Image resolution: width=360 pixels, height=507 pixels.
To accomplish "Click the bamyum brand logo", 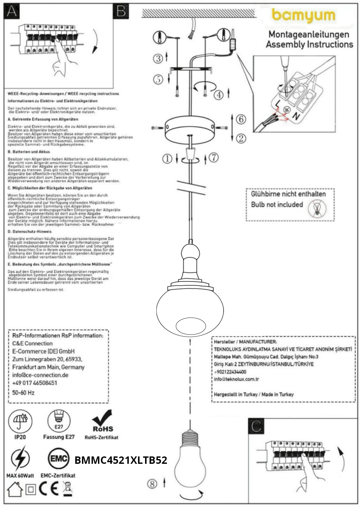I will (x=303, y=16).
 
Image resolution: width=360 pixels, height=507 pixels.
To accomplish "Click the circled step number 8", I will (x=152, y=484).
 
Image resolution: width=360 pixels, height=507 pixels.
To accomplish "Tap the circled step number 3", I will (x=158, y=58).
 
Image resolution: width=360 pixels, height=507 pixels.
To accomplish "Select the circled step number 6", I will (x=241, y=119).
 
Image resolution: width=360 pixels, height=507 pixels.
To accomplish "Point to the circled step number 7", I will (x=214, y=157).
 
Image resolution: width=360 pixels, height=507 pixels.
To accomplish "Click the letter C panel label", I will (x=256, y=426).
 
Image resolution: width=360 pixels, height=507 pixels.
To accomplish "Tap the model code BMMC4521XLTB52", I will (x=121, y=460).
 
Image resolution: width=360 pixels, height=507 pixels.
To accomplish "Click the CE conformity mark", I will (x=49, y=489).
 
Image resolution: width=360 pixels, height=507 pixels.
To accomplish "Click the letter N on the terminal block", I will (x=297, y=117).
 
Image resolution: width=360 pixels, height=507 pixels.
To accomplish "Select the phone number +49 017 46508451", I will (x=35, y=383).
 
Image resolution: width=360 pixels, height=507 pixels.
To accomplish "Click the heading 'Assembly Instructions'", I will (x=309, y=44).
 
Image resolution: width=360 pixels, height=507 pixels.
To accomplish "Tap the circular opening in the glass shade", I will (x=191, y=326).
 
